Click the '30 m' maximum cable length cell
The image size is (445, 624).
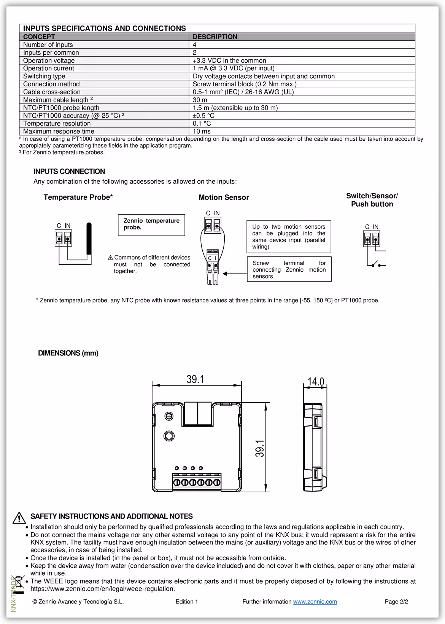[x=200, y=100]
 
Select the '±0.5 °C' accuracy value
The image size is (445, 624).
[x=203, y=116]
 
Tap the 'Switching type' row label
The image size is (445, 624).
[x=44, y=76]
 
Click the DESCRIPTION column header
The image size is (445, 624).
[x=215, y=37]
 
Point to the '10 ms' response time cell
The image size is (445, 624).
[x=202, y=131]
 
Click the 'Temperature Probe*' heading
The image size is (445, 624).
[x=78, y=197]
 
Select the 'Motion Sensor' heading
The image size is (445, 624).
[x=224, y=197]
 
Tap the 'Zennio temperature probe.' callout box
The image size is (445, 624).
[x=151, y=224]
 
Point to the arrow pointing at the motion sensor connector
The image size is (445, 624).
[x=234, y=274]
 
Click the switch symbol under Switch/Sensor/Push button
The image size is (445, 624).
[x=377, y=264]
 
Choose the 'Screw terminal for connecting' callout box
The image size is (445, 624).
[x=289, y=269]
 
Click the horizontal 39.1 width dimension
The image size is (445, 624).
[x=195, y=379]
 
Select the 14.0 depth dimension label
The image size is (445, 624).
[x=316, y=382]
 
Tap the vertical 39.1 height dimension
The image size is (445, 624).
[x=260, y=448]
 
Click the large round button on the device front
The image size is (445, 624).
[x=169, y=436]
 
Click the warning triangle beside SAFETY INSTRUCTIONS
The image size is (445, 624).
[x=19, y=518]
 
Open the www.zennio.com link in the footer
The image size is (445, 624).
[x=315, y=602]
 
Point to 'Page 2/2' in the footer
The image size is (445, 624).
[x=396, y=602]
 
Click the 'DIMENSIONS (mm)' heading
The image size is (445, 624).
[x=68, y=353]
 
